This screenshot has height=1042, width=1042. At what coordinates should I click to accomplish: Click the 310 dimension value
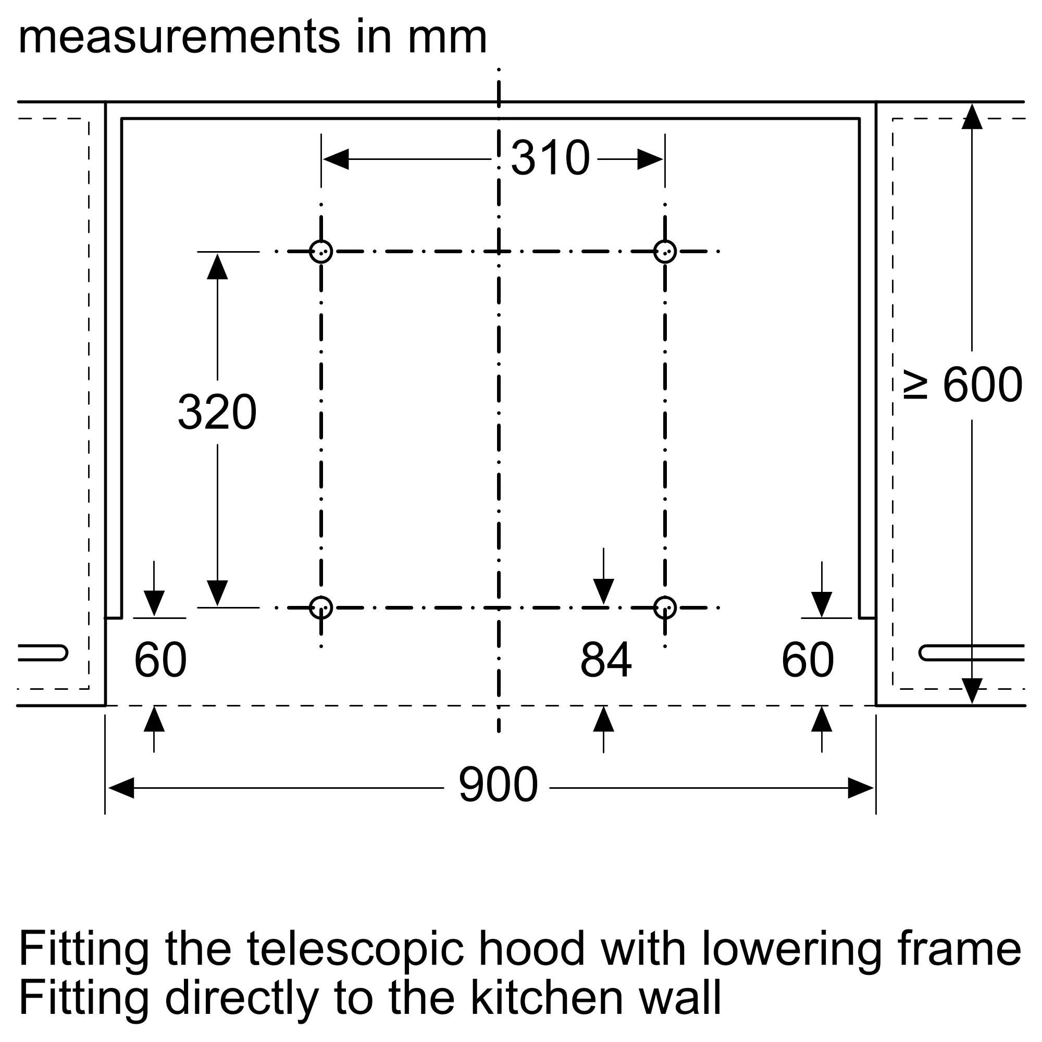click(550, 158)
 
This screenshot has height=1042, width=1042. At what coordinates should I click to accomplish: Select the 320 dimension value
click(217, 413)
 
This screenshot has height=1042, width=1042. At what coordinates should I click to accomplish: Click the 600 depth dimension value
click(982, 385)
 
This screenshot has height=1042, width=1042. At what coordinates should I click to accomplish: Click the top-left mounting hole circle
click(321, 251)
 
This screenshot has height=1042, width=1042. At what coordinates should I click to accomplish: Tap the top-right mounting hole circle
click(665, 251)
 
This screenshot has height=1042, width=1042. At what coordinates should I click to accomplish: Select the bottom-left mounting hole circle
click(321, 608)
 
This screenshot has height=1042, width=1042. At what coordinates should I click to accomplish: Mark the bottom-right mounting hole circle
click(665, 608)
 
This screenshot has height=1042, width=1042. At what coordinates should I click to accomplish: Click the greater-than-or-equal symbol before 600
click(916, 385)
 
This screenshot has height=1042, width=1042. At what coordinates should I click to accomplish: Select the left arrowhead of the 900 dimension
click(121, 788)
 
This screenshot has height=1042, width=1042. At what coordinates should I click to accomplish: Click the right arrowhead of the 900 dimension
click(860, 788)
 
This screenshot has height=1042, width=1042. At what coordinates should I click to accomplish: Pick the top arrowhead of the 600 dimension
click(972, 117)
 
